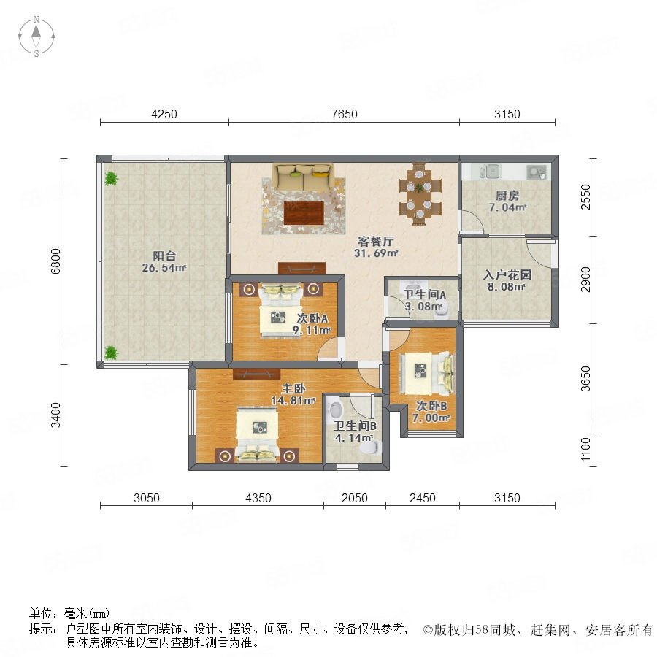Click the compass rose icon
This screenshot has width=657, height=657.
tap(36, 36)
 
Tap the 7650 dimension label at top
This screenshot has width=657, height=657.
tap(344, 114)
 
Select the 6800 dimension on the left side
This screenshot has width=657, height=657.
tap(55, 261)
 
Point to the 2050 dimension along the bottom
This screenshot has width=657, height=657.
tap(355, 498)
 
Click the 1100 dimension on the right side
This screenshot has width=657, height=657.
tap(585, 449)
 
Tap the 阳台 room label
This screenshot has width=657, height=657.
tap(164, 255)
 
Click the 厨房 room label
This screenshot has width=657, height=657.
tap(507, 195)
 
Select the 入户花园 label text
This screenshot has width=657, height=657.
tap(507, 275)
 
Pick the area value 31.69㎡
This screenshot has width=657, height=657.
tap(376, 253)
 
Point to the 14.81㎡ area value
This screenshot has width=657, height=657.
tap(293, 401)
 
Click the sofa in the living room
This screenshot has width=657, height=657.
tap(304, 175)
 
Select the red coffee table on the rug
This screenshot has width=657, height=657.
tap(304, 213)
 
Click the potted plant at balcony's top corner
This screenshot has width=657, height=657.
tap(111, 179)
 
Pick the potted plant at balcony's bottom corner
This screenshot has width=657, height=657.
tap(111, 353)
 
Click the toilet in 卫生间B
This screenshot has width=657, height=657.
tap(371, 447)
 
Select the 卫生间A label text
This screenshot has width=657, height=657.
tap(424, 295)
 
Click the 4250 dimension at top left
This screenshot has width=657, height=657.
tap(164, 114)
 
